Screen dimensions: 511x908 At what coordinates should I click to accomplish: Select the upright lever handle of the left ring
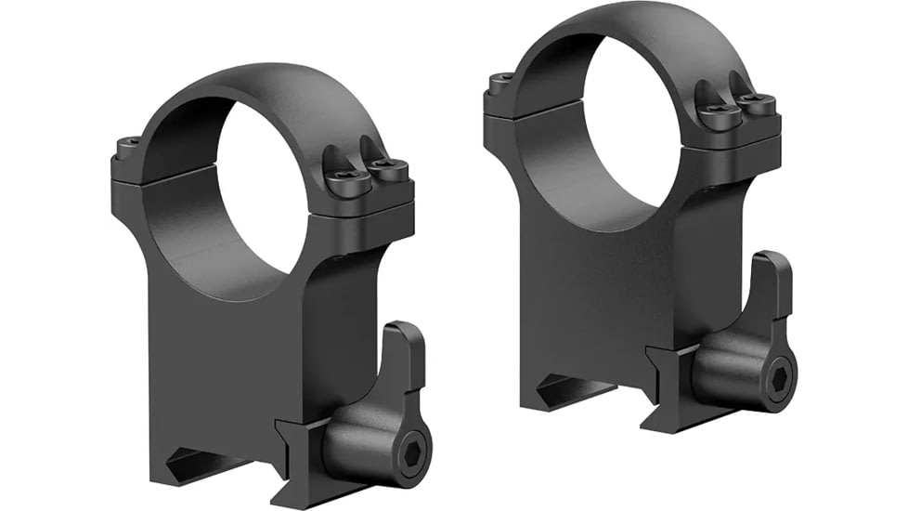pos(406,359)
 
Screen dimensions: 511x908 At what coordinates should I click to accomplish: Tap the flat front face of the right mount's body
pos(603,297)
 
